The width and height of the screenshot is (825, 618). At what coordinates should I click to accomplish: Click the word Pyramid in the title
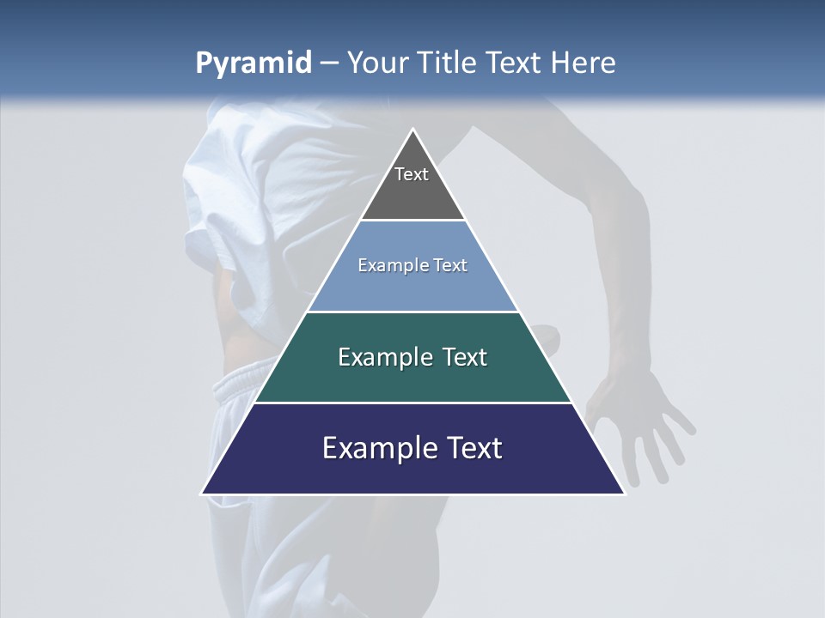pyautogui.click(x=254, y=64)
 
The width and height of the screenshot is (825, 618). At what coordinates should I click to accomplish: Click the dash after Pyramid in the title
pyautogui.click(x=328, y=64)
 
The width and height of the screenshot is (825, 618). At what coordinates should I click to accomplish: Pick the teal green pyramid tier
pyautogui.click(x=412, y=378)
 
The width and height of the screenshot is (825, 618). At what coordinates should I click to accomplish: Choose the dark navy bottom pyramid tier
pyautogui.click(x=412, y=470)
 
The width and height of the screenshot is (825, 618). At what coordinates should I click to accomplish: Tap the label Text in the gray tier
pyautogui.click(x=412, y=174)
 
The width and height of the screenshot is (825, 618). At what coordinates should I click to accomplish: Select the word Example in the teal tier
pyautogui.click(x=383, y=357)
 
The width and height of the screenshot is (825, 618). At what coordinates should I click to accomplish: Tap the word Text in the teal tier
pyautogui.click(x=465, y=357)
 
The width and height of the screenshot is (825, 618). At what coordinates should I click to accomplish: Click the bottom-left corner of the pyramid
pyautogui.click(x=203, y=493)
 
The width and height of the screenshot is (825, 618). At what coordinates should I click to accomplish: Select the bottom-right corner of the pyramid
pyautogui.click(x=623, y=493)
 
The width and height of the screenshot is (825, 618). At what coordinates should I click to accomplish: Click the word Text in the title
pyautogui.click(x=514, y=64)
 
